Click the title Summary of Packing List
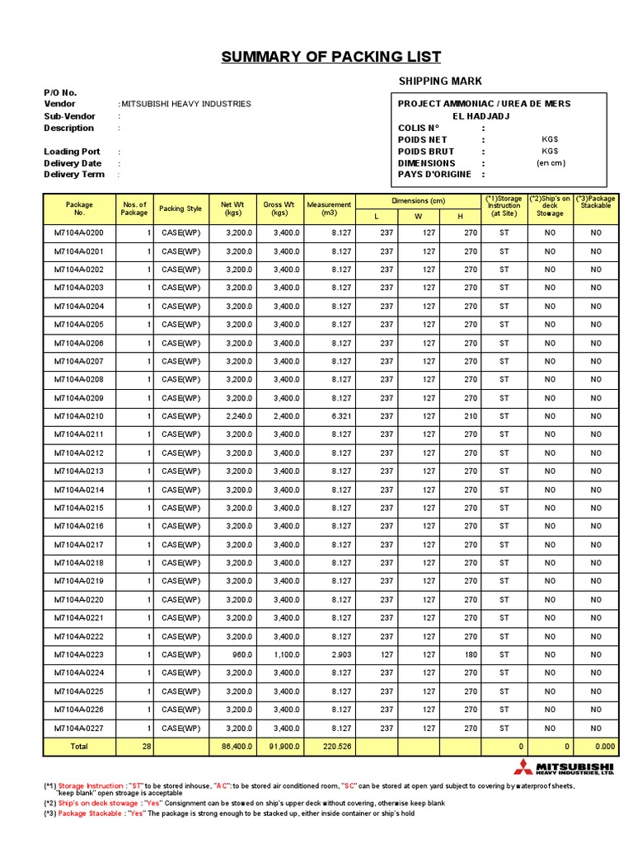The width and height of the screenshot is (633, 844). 331,57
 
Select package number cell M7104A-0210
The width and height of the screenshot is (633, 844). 79,416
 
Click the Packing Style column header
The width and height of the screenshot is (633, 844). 180,209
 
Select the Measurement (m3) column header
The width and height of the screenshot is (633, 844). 329,209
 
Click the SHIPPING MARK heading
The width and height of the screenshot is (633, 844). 440,81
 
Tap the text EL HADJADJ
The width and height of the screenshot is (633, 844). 484,116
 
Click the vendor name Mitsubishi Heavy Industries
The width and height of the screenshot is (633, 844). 185,104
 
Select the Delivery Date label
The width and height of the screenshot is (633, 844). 73,163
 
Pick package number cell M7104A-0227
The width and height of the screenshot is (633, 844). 79,728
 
